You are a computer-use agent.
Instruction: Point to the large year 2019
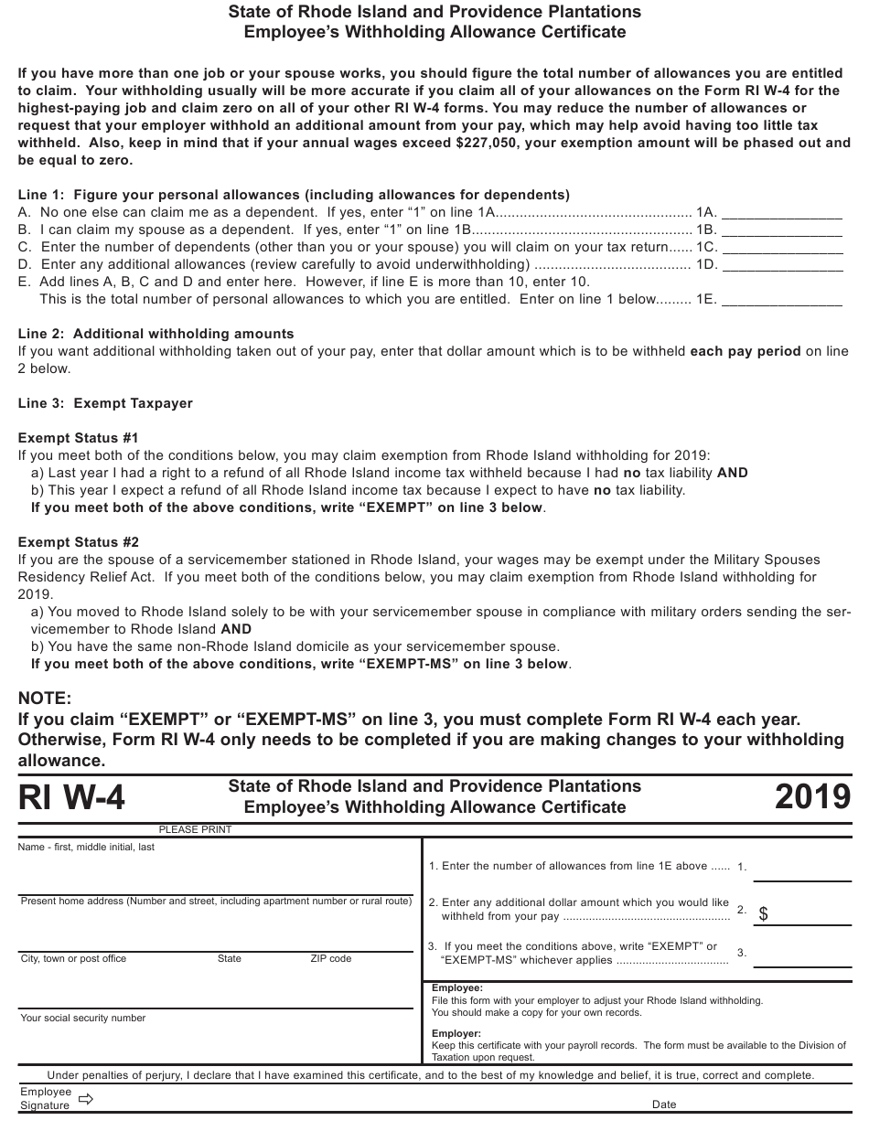(812, 797)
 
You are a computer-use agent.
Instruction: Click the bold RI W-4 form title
(72, 798)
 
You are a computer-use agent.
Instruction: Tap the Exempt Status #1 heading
(79, 438)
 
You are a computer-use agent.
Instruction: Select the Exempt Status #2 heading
(79, 542)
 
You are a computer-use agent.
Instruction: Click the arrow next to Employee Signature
(87, 1099)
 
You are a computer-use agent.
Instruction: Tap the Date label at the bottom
(664, 1104)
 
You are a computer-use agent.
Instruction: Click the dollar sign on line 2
(764, 913)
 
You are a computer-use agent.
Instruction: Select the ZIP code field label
(331, 958)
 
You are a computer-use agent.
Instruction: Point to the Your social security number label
(83, 1018)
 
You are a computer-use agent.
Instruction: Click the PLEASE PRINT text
(195, 829)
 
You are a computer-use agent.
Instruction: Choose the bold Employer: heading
(456, 1033)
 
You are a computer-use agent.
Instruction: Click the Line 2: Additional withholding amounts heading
(156, 334)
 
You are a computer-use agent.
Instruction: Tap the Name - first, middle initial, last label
(87, 847)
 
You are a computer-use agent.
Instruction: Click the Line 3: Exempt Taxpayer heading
(106, 403)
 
